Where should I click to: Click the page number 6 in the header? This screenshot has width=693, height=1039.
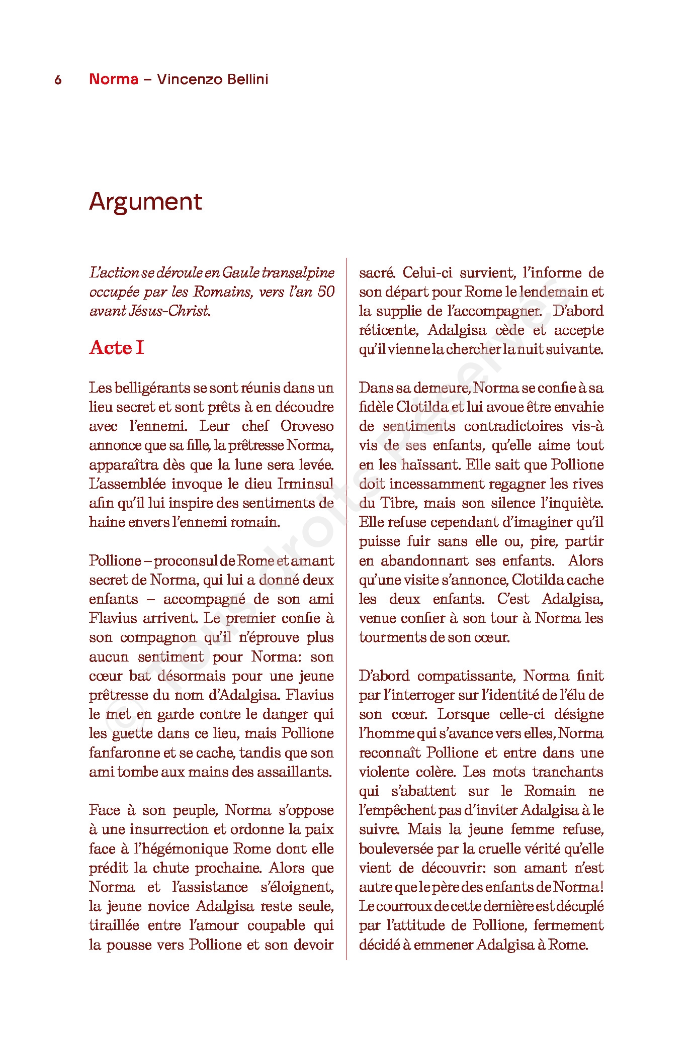click(58, 80)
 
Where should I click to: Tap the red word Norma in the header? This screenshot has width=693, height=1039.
click(113, 79)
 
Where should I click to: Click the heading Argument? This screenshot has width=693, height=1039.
click(145, 202)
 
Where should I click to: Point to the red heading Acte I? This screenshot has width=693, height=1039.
click(117, 347)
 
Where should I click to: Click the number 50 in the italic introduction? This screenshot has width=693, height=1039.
click(326, 292)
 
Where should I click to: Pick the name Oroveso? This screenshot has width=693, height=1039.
click(307, 426)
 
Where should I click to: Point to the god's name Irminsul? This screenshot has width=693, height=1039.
click(305, 484)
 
